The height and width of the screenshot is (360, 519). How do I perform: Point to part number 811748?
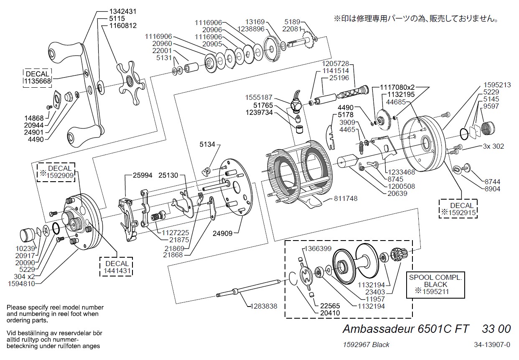[346, 199]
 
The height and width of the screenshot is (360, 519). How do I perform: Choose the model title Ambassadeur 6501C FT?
[406, 329]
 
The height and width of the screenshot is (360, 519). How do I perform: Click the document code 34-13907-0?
[492, 345]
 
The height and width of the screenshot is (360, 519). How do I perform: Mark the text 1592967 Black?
[366, 345]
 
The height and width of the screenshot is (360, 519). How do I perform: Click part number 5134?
[208, 144]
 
